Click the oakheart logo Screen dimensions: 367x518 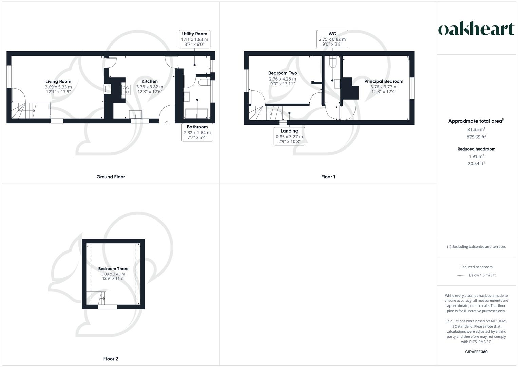tap(476, 29)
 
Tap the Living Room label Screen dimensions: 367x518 tap(58, 81)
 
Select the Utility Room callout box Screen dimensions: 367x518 tap(194, 39)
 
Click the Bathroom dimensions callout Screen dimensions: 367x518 tap(197, 132)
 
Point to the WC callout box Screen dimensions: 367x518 tap(332, 39)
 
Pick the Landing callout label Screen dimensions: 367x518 tap(289, 136)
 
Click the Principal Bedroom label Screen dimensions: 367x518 tap(384, 81)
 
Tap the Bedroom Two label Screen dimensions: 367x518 tap(283, 73)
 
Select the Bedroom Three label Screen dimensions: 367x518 tap(113, 269)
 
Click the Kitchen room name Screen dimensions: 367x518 tap(150, 81)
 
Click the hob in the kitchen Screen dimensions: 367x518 tap(126, 90)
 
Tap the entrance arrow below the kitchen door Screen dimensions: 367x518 tap(167, 123)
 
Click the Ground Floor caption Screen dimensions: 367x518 tap(111, 177)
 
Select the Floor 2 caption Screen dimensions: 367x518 tap(111, 359)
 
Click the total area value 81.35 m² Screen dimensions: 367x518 tap(476, 129)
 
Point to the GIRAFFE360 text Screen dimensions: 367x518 tap(476, 352)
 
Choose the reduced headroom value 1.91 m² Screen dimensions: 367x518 tap(476, 156)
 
